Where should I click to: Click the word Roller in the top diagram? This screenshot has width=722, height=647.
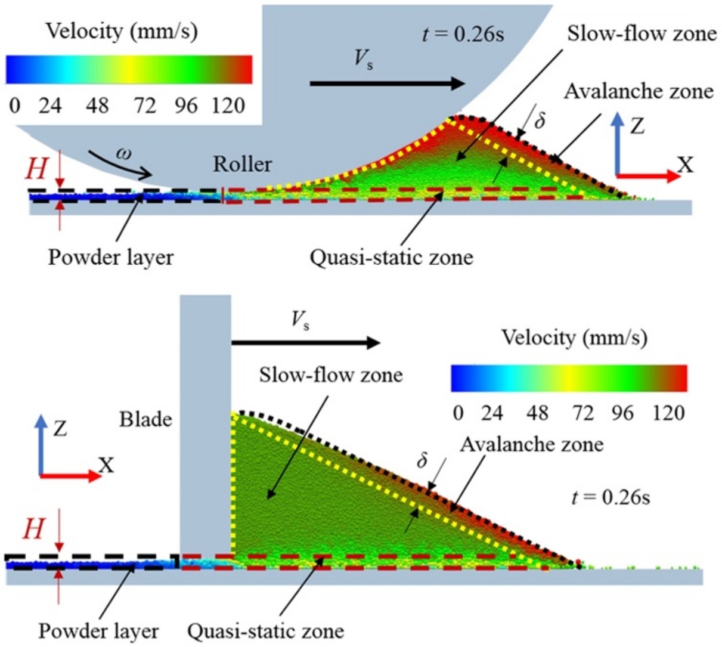click(243, 164)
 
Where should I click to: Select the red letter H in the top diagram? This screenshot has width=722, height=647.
click(36, 170)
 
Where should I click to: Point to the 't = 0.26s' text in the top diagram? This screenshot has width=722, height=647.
click(462, 34)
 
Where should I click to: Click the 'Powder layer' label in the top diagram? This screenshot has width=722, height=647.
click(111, 258)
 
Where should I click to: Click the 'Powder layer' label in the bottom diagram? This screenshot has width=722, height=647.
click(99, 630)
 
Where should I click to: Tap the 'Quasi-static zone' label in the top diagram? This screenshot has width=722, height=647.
click(391, 258)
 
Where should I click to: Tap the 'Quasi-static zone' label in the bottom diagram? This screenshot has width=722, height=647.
click(265, 630)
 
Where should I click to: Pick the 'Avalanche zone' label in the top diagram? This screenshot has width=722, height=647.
click(639, 91)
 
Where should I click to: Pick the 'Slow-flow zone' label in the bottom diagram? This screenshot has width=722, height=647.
click(331, 375)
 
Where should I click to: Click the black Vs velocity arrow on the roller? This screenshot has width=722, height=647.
click(387, 83)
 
